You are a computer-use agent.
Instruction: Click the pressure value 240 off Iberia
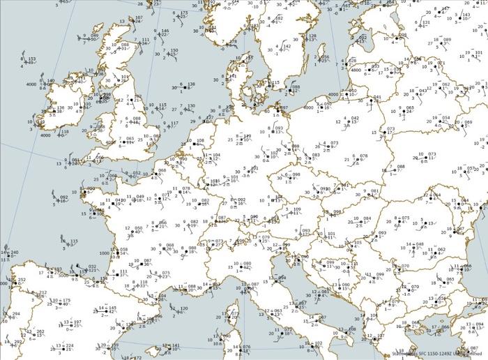[x=15, y=253]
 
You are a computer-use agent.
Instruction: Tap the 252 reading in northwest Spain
[x=22, y=280]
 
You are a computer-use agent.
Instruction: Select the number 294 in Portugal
[x=16, y=314]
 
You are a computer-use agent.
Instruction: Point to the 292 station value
[x=18, y=342]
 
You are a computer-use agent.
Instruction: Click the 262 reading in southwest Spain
[x=40, y=331]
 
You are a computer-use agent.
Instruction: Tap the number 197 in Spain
[x=77, y=322]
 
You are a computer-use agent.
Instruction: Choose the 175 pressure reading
[x=66, y=300]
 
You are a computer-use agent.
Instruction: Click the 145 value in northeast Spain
[x=112, y=308]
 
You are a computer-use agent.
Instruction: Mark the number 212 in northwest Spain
[x=43, y=293]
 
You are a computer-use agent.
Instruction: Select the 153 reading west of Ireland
[x=32, y=59]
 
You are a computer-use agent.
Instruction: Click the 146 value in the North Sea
[x=165, y=31]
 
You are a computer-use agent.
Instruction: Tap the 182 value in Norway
[x=279, y=18]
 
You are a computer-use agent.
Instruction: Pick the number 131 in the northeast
[x=425, y=22]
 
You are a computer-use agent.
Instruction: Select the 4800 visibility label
[x=356, y=70]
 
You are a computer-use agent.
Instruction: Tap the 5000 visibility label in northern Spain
[x=63, y=275]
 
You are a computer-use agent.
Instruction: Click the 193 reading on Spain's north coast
[x=57, y=269]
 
